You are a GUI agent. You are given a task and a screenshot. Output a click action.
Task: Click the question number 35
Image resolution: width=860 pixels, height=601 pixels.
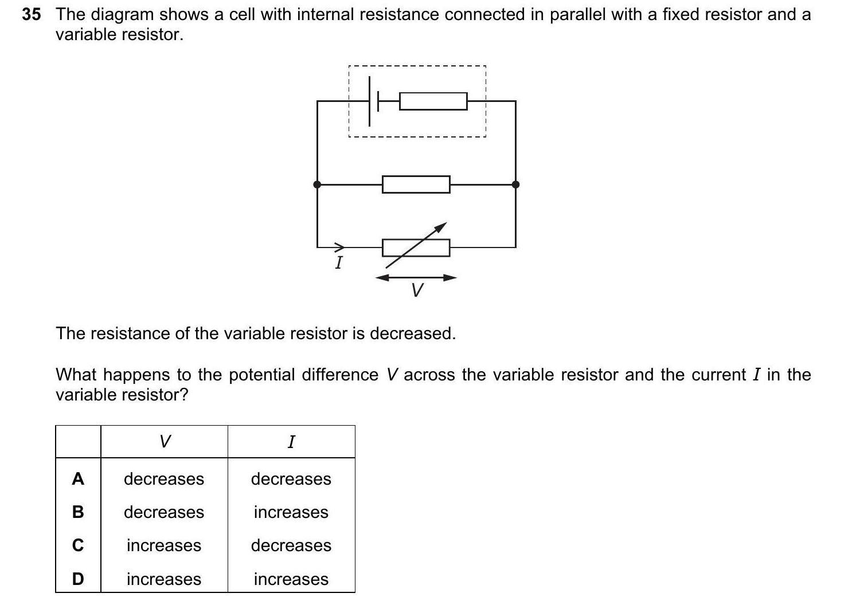point(32,15)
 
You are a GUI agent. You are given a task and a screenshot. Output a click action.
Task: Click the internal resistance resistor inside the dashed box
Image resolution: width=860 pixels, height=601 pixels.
point(433,101)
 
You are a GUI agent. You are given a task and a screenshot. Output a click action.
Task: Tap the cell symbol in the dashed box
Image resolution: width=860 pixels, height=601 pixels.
point(373,101)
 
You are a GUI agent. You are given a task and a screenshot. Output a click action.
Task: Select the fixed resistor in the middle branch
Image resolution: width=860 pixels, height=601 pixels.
point(416,184)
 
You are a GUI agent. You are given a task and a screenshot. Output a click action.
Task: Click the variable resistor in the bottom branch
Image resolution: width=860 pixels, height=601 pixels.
point(416,248)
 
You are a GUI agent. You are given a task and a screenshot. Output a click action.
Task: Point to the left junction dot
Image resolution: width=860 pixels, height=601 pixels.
point(317,184)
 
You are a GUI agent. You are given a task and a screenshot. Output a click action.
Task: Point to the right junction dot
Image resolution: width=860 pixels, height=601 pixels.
point(515,184)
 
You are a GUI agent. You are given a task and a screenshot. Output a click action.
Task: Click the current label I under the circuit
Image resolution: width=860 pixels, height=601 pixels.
point(339,263)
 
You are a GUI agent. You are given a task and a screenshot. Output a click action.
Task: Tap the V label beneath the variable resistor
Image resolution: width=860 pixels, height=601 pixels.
point(417,290)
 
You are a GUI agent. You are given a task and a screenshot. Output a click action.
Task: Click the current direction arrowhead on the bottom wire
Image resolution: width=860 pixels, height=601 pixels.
point(340,248)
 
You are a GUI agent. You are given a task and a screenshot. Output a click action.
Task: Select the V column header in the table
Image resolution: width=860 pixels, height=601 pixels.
point(165,442)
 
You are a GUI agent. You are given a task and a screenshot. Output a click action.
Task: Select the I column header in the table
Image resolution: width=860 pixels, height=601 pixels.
point(291,442)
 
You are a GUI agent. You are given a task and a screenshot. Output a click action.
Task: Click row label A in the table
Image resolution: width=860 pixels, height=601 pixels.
point(78,479)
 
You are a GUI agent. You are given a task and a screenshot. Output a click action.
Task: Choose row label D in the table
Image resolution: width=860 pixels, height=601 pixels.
point(78,579)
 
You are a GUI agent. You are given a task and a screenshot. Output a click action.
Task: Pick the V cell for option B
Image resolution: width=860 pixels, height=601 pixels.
point(164,512)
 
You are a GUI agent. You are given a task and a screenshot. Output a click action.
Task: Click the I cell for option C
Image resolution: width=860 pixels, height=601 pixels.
point(291,545)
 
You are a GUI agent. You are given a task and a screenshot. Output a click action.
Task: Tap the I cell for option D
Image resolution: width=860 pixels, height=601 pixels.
point(291,579)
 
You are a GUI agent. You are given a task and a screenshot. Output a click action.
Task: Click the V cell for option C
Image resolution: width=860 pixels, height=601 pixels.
point(164,545)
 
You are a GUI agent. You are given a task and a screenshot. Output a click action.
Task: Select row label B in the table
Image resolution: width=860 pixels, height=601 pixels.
point(78,512)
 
